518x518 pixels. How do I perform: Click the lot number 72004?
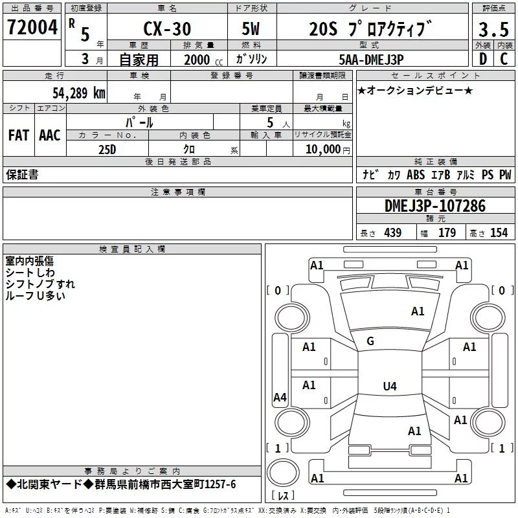coord(32,27)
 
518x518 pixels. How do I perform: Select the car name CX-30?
coord(167,28)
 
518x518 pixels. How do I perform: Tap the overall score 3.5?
coord(493,29)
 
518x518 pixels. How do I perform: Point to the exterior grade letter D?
coord(483,59)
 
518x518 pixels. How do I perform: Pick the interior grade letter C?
coord(504,59)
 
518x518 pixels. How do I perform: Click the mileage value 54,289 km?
coord(79,93)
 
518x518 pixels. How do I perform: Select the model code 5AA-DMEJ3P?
coord(371,60)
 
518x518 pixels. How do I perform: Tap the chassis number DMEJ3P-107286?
coord(435,206)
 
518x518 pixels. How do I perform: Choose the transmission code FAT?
coord(19,135)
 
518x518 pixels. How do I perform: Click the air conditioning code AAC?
coord(50,135)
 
